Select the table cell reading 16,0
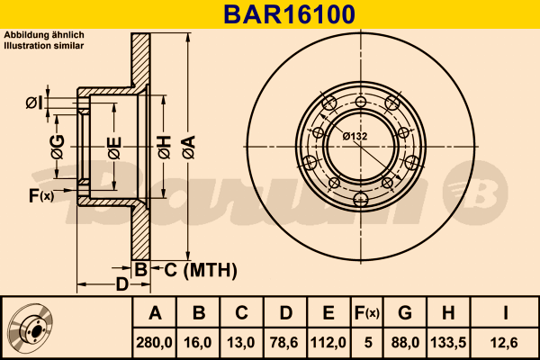click(x=199, y=343)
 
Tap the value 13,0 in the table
click(x=241, y=343)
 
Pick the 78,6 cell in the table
click(x=284, y=343)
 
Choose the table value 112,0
click(x=328, y=343)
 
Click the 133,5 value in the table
click(x=449, y=343)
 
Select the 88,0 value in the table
click(x=405, y=343)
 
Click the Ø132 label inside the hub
click(x=355, y=136)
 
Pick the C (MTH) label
click(x=200, y=269)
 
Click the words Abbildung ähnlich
click(x=44, y=34)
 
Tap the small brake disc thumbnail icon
click(x=31, y=329)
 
